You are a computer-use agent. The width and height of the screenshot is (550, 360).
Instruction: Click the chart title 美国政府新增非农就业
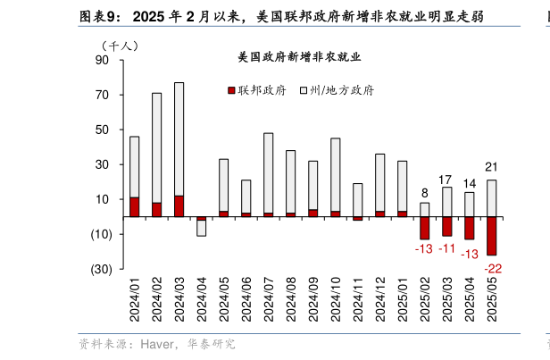click(x=299, y=58)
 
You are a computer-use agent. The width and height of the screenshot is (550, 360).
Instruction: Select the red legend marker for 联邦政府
click(x=231, y=90)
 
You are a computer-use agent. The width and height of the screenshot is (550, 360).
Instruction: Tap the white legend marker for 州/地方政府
click(x=303, y=90)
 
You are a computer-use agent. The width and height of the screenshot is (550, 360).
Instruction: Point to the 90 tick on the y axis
click(x=102, y=60)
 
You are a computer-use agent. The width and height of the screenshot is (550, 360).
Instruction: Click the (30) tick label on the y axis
click(x=101, y=269)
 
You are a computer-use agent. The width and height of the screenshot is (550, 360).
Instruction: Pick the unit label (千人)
click(x=120, y=45)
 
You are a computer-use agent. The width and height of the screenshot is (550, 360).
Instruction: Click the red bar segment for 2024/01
click(x=134, y=206)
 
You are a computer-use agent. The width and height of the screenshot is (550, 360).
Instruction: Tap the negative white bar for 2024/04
click(x=201, y=228)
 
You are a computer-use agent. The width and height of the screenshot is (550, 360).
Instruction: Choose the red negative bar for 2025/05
click(x=492, y=236)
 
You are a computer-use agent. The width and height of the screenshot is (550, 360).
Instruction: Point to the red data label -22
click(x=492, y=268)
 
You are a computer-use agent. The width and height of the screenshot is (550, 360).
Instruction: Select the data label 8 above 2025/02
click(x=425, y=192)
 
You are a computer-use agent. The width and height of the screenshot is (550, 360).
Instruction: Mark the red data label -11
click(x=447, y=248)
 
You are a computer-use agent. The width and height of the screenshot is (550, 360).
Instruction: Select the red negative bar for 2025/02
click(x=425, y=228)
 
